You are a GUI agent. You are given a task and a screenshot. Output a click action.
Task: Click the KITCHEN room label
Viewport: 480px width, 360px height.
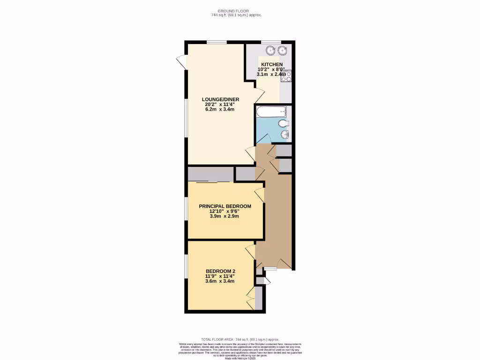tap(272, 64)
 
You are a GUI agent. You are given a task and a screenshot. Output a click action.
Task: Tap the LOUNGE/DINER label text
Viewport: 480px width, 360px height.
tap(220, 99)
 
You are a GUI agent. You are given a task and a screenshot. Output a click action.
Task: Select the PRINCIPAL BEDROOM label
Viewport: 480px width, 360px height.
tap(225, 206)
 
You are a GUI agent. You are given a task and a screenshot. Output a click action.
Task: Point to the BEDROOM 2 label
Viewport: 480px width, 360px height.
tap(220, 271)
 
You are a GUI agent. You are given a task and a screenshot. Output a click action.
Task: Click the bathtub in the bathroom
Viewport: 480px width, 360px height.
tap(271, 112)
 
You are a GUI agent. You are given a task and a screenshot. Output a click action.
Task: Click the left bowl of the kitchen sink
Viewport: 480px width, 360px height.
tap(270, 51)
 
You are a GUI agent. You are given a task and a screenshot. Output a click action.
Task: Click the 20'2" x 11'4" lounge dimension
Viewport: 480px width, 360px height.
tap(220, 105)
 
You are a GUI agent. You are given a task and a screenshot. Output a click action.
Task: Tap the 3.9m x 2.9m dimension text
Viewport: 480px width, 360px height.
tap(225, 216)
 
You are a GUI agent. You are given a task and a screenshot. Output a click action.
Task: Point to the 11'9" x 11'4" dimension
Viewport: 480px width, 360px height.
tap(220, 277)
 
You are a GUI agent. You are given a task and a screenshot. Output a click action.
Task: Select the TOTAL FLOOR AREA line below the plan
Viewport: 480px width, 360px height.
tap(240, 339)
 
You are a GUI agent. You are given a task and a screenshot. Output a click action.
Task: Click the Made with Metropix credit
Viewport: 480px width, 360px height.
tap(240, 359)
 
